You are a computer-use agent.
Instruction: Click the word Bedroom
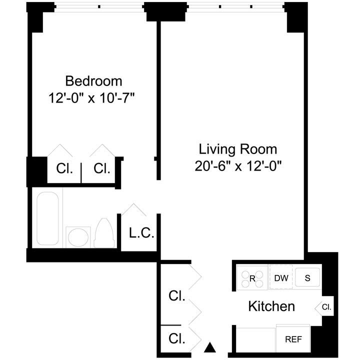[x=93, y=80]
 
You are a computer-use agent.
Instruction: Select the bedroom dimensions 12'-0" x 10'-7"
[x=93, y=97]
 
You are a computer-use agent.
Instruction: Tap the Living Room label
[x=238, y=149]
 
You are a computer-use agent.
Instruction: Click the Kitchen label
[x=271, y=306]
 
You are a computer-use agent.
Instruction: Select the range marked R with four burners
[x=252, y=278]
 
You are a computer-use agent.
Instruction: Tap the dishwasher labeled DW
[x=281, y=278]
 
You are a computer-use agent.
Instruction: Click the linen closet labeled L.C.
[x=141, y=233]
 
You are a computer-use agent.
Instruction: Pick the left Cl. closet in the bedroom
[x=64, y=169]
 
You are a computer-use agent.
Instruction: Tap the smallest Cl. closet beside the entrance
[x=176, y=338]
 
